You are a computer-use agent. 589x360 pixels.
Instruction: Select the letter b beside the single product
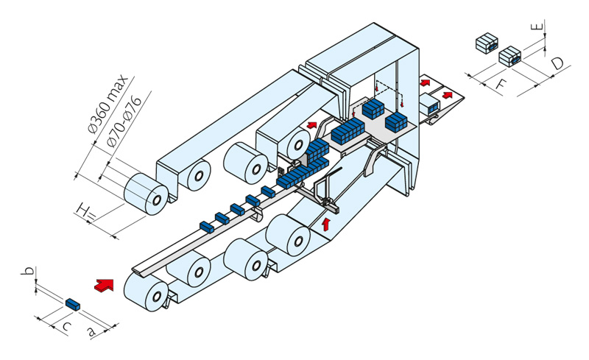pos(30,273)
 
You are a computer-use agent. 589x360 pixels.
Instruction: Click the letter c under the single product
pos(66,325)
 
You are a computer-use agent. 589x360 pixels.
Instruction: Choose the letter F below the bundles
pos(500,84)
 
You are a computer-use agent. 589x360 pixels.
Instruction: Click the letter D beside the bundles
pos(559,65)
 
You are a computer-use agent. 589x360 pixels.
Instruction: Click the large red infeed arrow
pos(105,283)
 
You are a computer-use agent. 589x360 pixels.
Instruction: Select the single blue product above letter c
pos(72,303)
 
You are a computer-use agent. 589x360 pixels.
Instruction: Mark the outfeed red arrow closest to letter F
pos(446,95)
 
